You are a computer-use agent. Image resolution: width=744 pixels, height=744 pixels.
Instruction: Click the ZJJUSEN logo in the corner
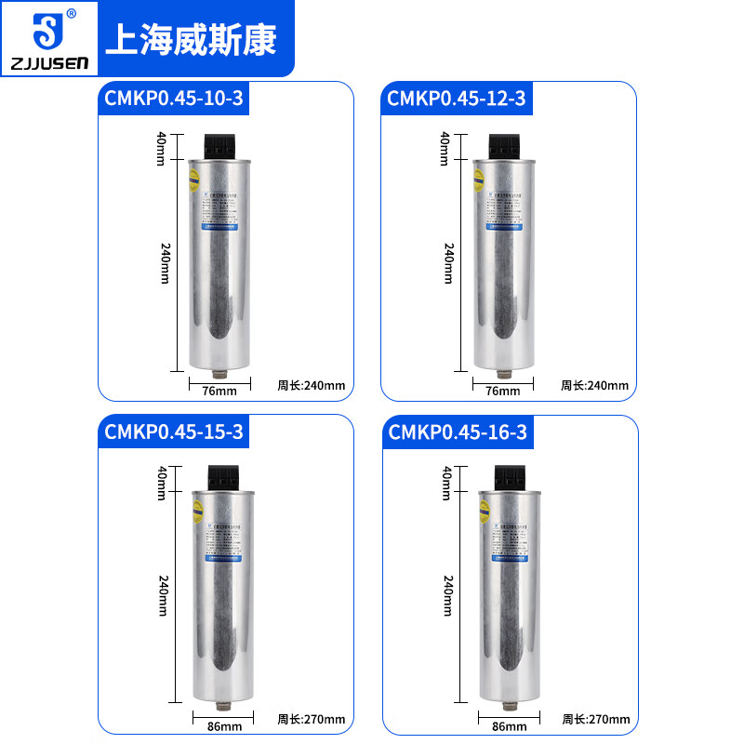(x=46, y=38)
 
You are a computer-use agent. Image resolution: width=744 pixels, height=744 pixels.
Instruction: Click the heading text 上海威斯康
(x=192, y=39)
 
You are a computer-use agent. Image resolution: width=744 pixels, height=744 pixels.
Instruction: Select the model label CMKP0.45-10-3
(x=175, y=99)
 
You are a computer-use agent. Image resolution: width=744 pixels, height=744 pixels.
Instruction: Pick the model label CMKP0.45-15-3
(x=175, y=432)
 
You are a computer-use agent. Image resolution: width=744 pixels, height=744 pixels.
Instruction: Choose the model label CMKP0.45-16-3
(x=458, y=432)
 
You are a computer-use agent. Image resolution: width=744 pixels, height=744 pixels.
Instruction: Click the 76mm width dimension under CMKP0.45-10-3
(x=219, y=390)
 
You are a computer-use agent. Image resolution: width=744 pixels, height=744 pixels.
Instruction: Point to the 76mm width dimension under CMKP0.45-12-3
(x=503, y=390)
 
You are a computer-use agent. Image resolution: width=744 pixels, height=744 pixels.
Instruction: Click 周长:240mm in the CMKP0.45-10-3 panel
(x=312, y=386)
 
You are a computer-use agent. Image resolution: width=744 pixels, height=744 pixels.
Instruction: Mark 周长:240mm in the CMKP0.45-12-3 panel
(x=595, y=386)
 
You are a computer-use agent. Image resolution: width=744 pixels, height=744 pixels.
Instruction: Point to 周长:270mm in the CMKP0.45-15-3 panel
(x=312, y=719)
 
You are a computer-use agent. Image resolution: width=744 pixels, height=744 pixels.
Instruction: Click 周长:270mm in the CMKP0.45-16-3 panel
(x=595, y=719)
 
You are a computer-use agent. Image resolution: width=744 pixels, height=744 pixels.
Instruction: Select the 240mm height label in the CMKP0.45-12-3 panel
(x=448, y=263)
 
